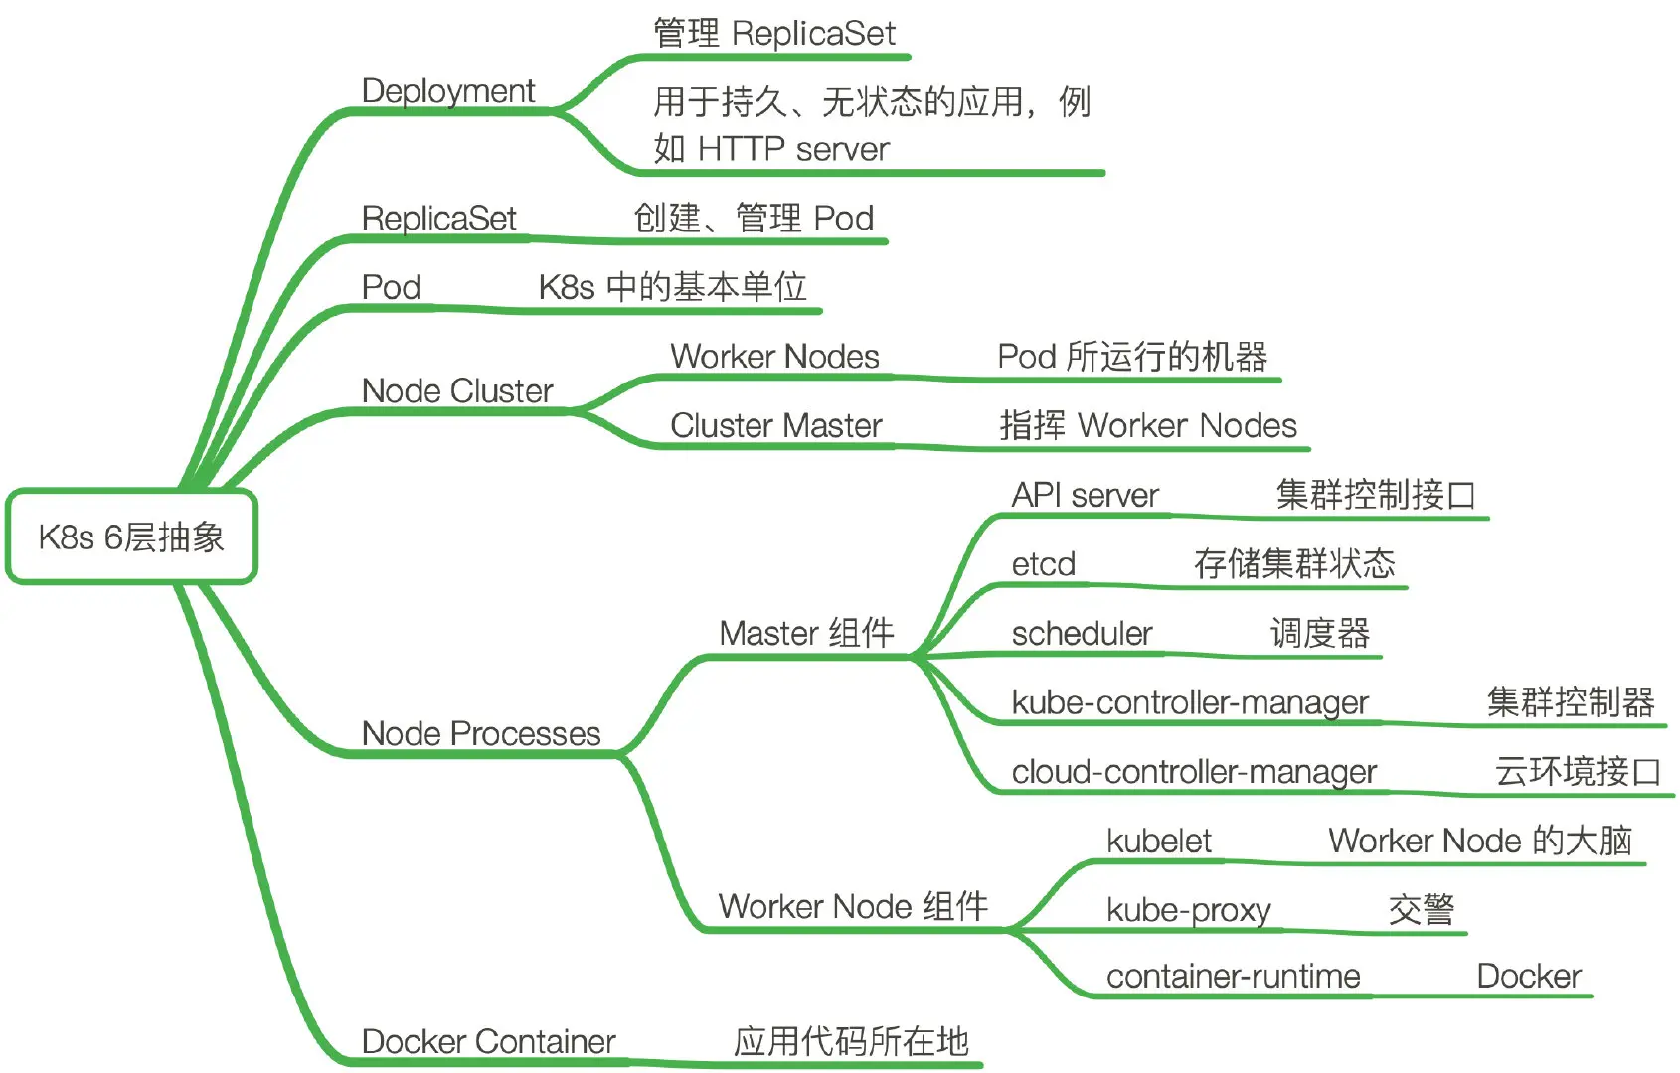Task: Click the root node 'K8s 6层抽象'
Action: coord(131,536)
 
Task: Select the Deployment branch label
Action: coord(448,91)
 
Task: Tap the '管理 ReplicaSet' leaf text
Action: coord(773,34)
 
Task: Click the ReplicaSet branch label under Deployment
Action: coord(438,219)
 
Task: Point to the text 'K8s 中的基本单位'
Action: coord(672,287)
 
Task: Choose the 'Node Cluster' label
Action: coord(457,391)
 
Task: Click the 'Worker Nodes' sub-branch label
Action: coord(774,357)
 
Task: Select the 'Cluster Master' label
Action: coord(775,426)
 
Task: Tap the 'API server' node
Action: coord(1085,495)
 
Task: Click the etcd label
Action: coord(1043,564)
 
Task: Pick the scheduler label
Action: coord(1082,634)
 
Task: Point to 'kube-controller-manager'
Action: coord(1190,702)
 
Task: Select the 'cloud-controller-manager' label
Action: coord(1194,772)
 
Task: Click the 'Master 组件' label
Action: coord(806,633)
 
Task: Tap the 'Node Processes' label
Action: coord(481,734)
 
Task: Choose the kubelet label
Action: coord(1159,842)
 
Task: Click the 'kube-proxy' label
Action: coord(1189,910)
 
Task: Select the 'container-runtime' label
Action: coord(1233,977)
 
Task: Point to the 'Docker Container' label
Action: coord(488,1042)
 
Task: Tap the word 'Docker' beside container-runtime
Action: coord(1529,977)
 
